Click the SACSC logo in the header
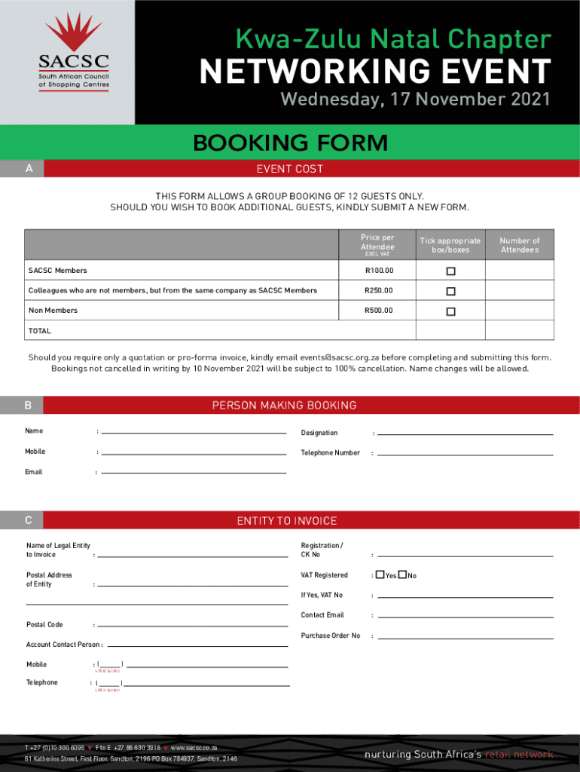(x=74, y=52)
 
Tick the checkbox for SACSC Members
(x=450, y=271)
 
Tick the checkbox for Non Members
(x=450, y=311)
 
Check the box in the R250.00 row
(x=450, y=291)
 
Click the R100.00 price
(x=379, y=271)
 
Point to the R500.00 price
(x=379, y=311)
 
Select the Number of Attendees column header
(x=520, y=245)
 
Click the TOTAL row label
(x=40, y=331)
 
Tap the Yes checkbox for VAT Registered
(x=380, y=575)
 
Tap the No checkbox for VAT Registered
(x=403, y=575)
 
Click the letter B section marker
(x=28, y=406)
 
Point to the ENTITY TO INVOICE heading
(x=287, y=521)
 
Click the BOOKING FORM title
(x=290, y=142)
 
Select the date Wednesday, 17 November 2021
(x=415, y=100)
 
